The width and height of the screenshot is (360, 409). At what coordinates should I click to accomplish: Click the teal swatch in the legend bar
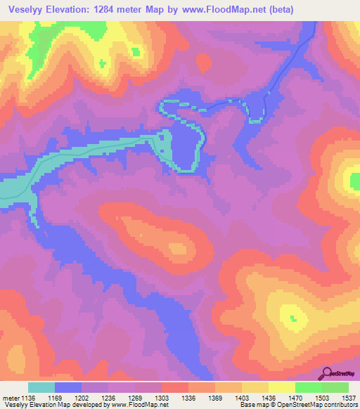coord(41,387)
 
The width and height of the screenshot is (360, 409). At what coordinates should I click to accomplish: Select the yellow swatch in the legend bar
coord(281,387)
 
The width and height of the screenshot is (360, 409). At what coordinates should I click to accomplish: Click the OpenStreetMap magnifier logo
coord(326,372)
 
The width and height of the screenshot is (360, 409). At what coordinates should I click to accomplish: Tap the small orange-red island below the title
coord(204,64)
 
